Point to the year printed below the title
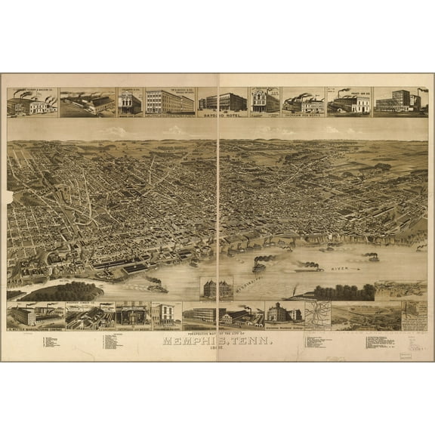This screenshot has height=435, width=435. tap(218, 349)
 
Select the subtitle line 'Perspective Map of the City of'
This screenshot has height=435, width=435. tap(217, 332)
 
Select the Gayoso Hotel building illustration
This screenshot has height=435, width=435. tap(223, 101)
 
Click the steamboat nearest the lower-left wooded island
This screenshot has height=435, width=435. tap(156, 286)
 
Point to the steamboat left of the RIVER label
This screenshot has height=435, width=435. tap(310, 267)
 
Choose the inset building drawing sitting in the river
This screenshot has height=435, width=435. tap(216, 288)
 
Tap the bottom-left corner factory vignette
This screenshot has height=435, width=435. tap(35, 316)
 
